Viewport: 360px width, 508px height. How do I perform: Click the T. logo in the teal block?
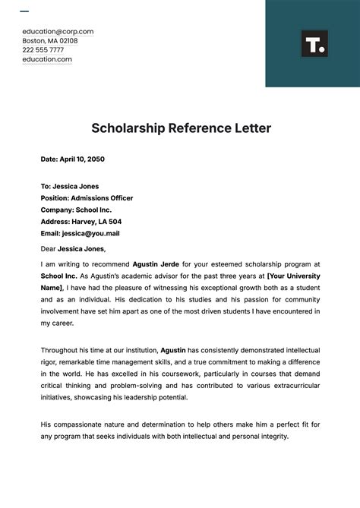click(x=314, y=44)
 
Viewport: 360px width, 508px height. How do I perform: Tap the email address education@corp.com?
click(x=58, y=32)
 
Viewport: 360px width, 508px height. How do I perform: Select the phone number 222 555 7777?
click(x=43, y=50)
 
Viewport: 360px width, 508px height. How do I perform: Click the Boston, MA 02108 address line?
click(x=49, y=41)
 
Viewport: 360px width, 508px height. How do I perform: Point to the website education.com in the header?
click(x=47, y=59)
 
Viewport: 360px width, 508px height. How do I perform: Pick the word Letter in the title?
click(x=250, y=128)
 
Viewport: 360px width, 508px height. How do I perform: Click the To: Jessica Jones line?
click(x=70, y=186)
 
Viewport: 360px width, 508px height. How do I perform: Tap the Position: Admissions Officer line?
click(x=87, y=198)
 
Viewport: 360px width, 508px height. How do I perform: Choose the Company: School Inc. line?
click(x=76, y=210)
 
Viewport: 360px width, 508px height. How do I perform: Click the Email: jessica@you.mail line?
click(x=80, y=233)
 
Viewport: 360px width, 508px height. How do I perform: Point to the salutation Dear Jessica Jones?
click(x=73, y=248)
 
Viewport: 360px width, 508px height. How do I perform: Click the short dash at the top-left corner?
click(x=24, y=11)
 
